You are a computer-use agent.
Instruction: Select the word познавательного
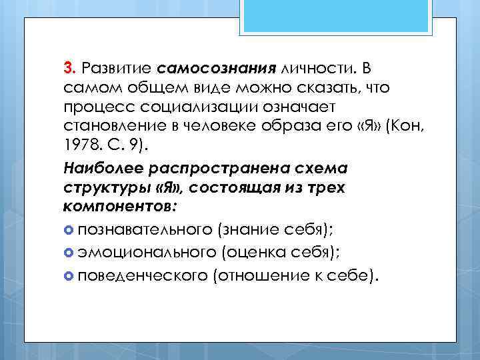[145, 229]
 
